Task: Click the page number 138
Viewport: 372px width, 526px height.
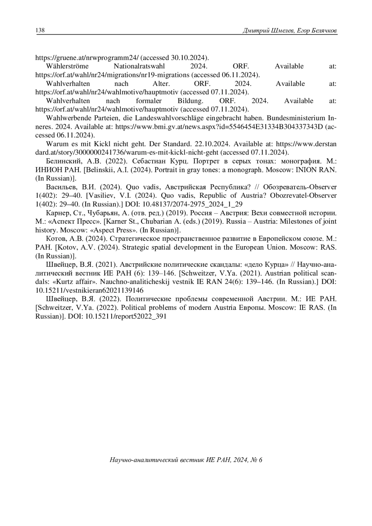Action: coord(40,30)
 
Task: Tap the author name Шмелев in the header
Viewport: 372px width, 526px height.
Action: coord(281,31)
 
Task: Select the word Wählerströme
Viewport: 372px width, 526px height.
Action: coord(67,66)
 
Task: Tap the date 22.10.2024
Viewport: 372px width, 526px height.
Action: coord(212,144)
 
